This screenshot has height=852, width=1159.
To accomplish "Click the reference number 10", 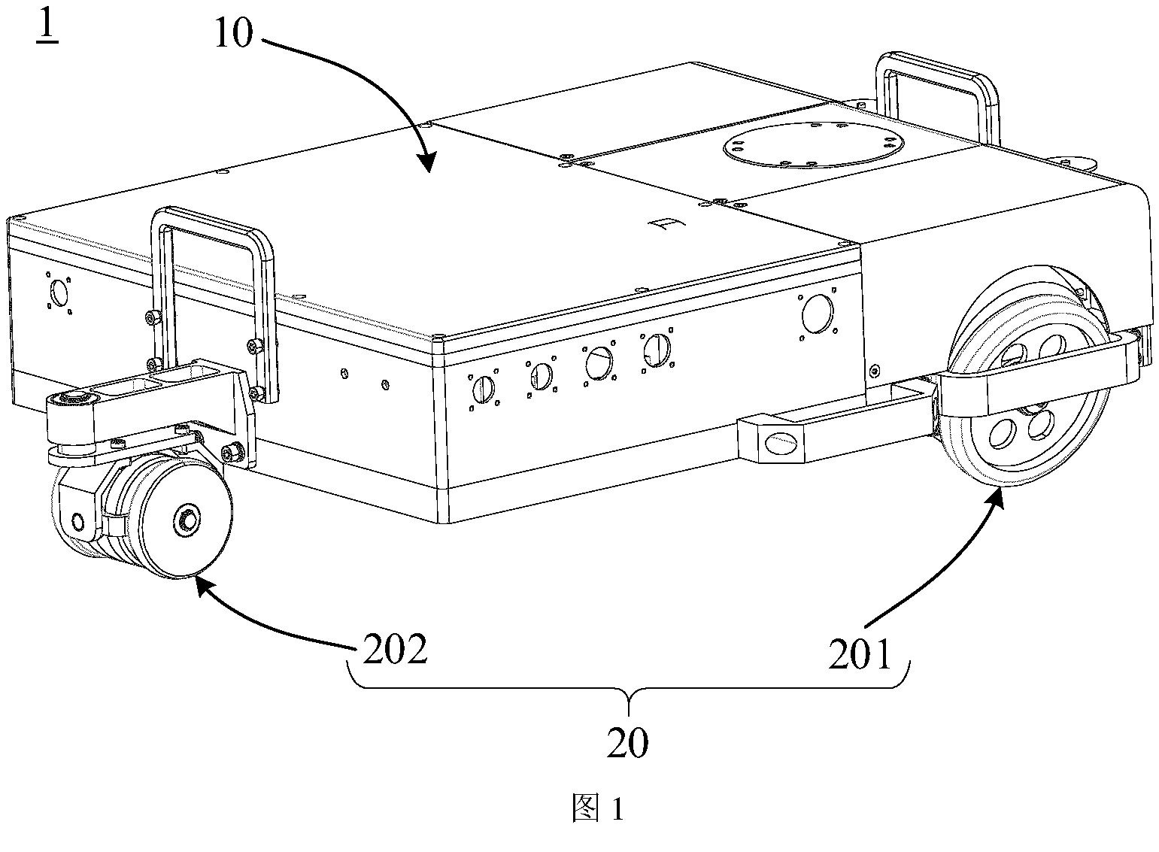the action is tap(234, 34).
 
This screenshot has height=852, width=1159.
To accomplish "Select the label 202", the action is tap(396, 649).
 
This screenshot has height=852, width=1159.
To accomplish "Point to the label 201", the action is tap(860, 653).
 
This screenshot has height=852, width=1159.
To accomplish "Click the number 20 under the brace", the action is tap(627, 743).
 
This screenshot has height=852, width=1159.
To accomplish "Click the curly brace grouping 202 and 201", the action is tap(628, 687).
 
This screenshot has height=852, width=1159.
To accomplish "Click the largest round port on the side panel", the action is tap(818, 314).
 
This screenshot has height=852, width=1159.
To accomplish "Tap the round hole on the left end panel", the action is tap(59, 293).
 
